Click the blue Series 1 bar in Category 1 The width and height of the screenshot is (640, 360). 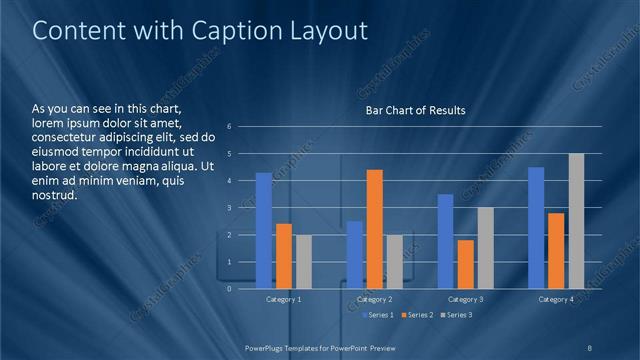(263, 231)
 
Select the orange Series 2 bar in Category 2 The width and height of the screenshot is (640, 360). (375, 229)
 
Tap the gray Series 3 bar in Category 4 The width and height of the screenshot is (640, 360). (576, 221)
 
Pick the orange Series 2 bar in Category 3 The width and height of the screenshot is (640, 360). (466, 264)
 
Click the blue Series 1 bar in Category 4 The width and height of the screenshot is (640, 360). (536, 228)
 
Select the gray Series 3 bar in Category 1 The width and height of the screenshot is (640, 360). (303, 262)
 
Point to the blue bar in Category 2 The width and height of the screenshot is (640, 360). (355, 255)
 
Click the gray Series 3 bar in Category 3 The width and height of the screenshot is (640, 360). (486, 248)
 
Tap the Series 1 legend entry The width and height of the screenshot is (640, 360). (376, 315)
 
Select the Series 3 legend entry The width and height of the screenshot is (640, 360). (456, 315)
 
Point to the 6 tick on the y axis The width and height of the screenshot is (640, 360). (230, 127)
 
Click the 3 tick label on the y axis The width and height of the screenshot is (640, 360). (230, 208)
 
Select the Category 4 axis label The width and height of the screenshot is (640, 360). (556, 299)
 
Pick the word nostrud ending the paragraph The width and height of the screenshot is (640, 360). (55, 195)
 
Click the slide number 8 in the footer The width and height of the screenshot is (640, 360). (590, 347)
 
